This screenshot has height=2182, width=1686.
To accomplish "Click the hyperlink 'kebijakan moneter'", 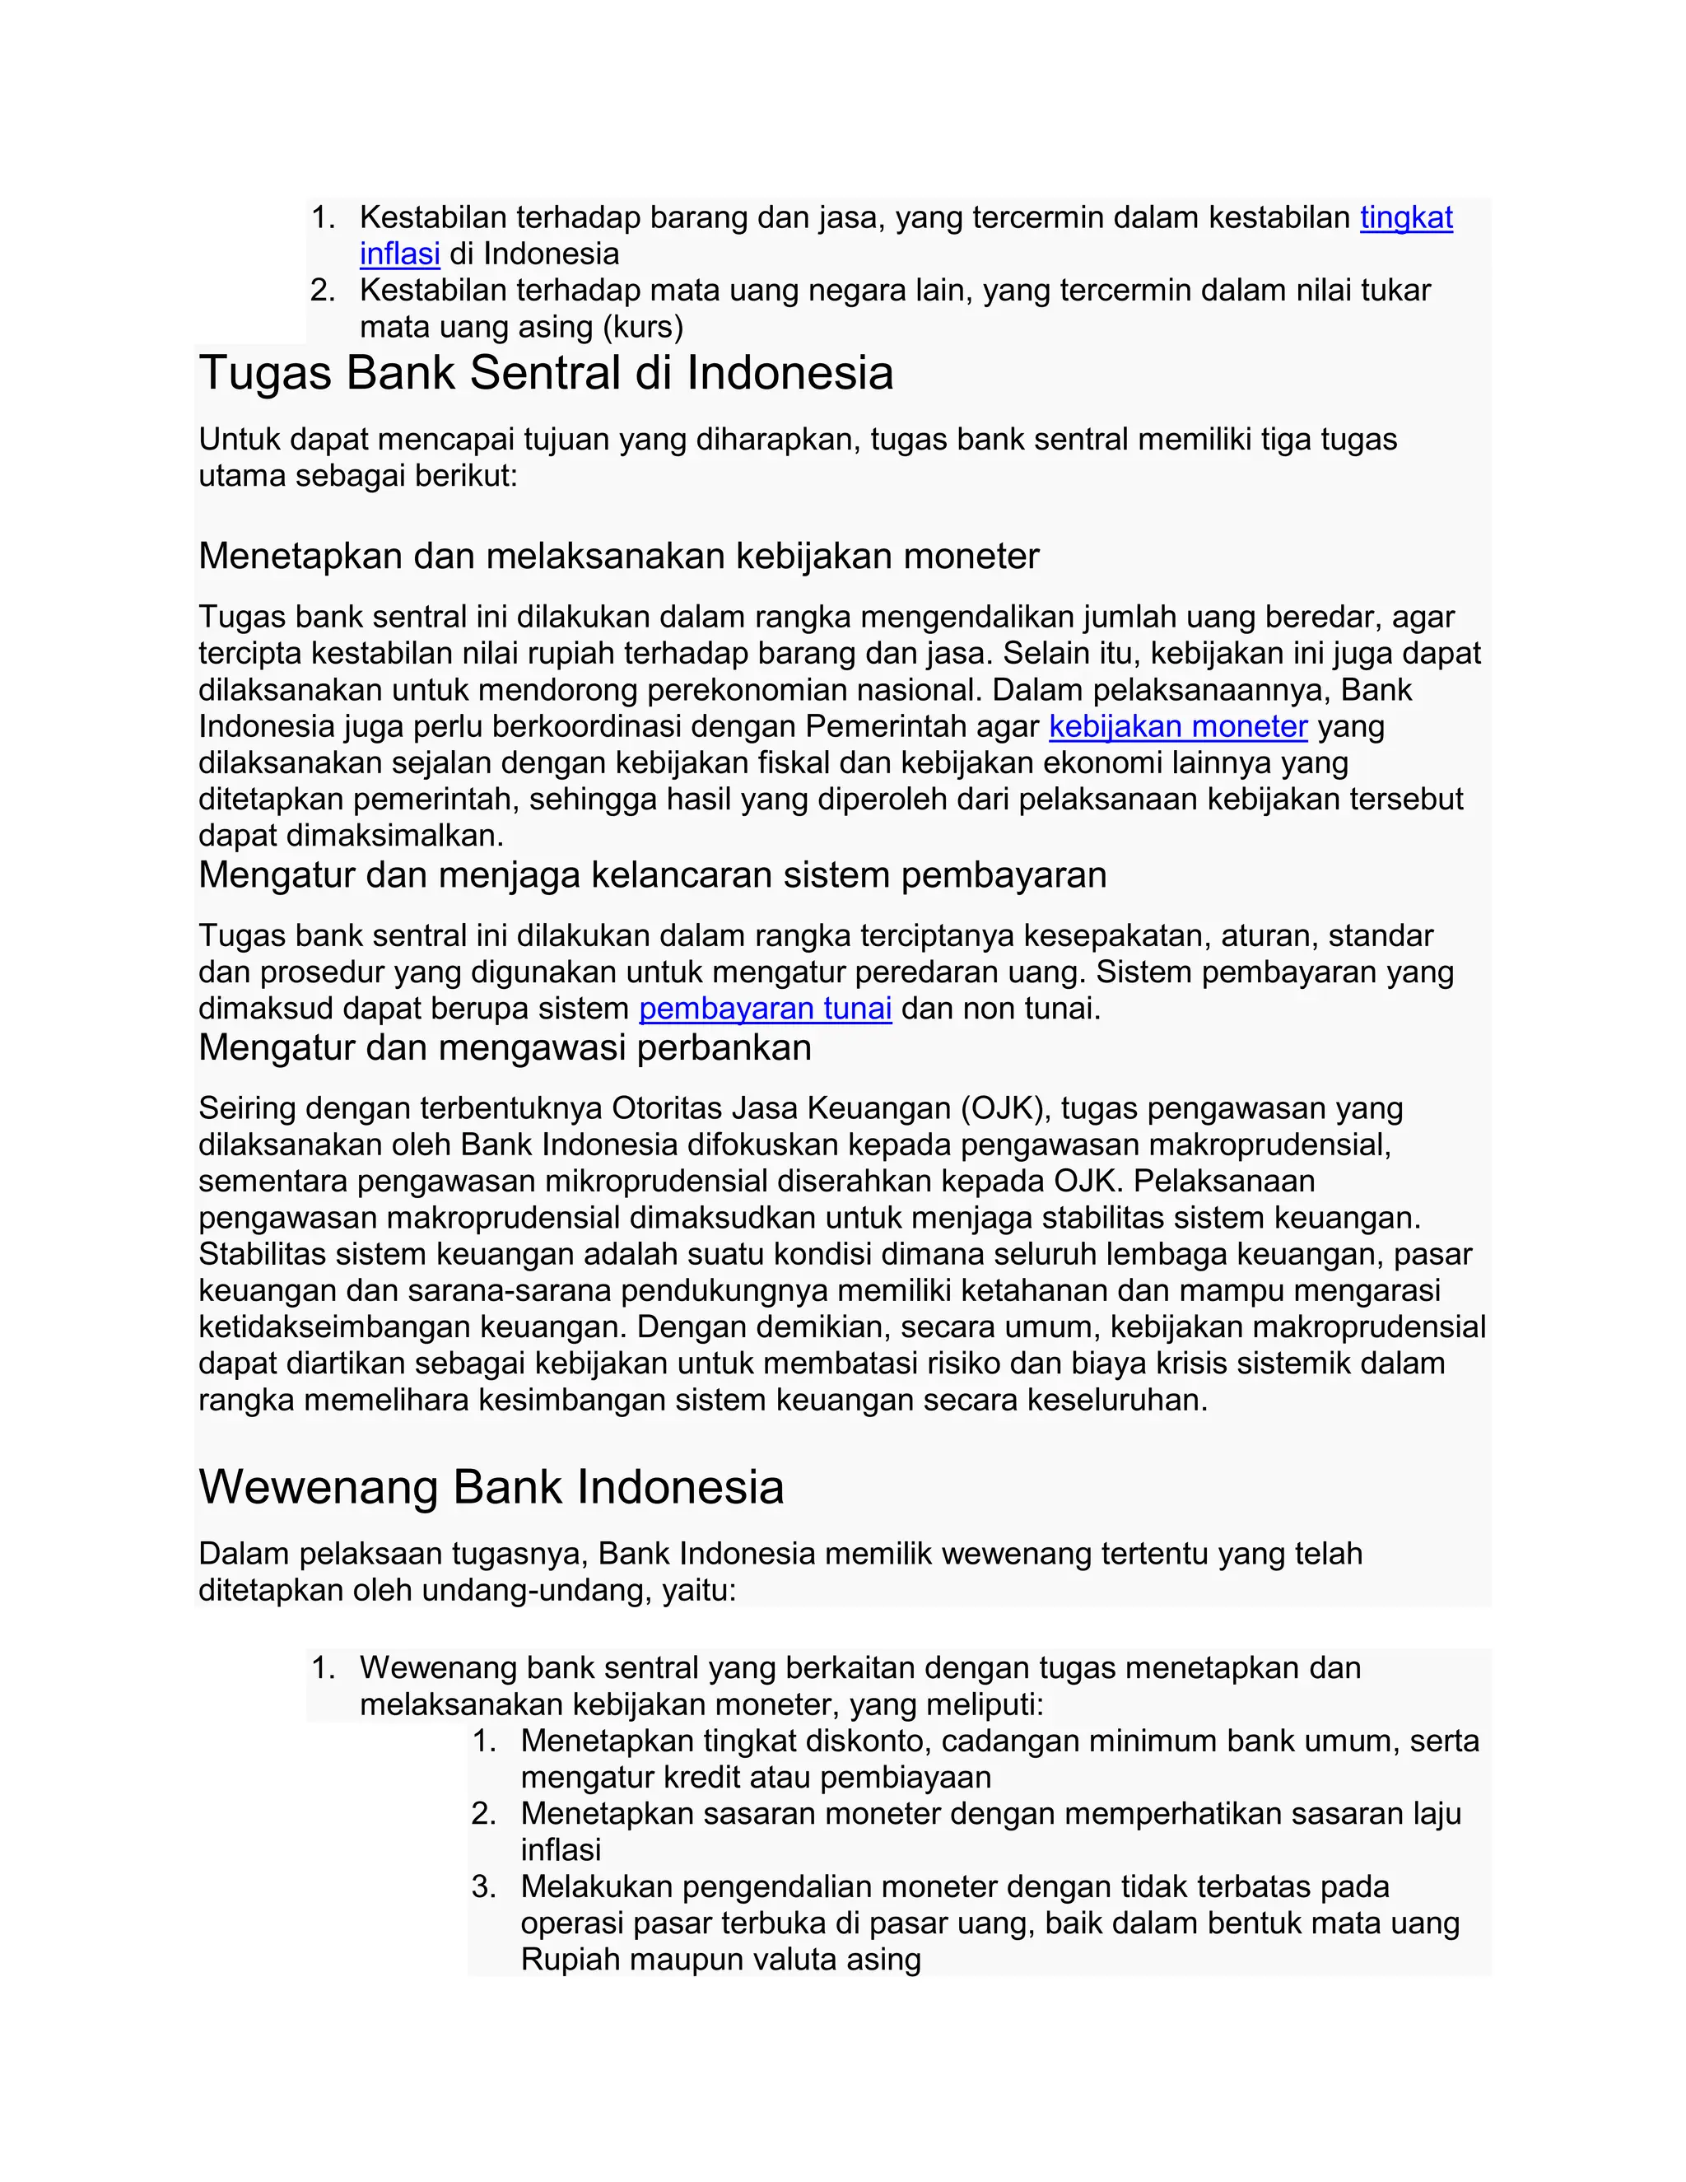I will coord(1177,726).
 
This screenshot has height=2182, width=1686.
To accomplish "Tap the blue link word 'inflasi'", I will coord(399,254).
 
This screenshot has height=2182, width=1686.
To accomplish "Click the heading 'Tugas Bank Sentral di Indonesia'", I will coord(545,374).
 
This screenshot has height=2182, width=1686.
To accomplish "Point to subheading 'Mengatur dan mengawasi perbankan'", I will coord(505,1047).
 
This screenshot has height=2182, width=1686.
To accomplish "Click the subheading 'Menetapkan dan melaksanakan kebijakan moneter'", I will coord(618,556).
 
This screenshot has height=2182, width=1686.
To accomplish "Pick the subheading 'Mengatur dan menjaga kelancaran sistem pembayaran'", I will coord(652,874).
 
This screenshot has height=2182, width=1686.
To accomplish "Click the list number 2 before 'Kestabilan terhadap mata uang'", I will coord(322,291).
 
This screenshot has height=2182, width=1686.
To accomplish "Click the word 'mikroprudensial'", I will coord(514,1181).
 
